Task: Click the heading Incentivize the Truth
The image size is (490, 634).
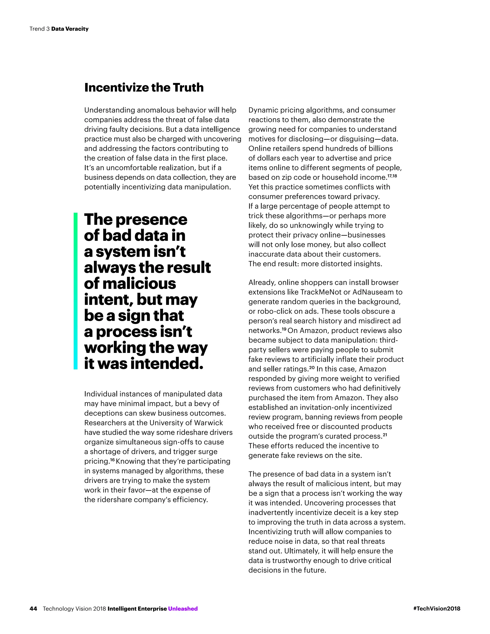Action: click(144, 87)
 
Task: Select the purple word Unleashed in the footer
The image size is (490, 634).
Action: click(183, 608)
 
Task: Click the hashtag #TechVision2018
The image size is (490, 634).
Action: click(437, 608)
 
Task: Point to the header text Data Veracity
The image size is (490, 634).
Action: click(70, 29)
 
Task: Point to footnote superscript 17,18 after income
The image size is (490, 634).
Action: click(392, 175)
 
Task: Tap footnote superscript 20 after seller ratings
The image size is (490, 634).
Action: click(312, 367)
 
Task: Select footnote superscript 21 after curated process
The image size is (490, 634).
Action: click(385, 434)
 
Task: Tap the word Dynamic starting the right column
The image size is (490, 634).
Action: click(261, 110)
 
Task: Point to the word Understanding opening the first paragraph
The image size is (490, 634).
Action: click(109, 110)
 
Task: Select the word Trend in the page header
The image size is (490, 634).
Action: click(37, 29)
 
